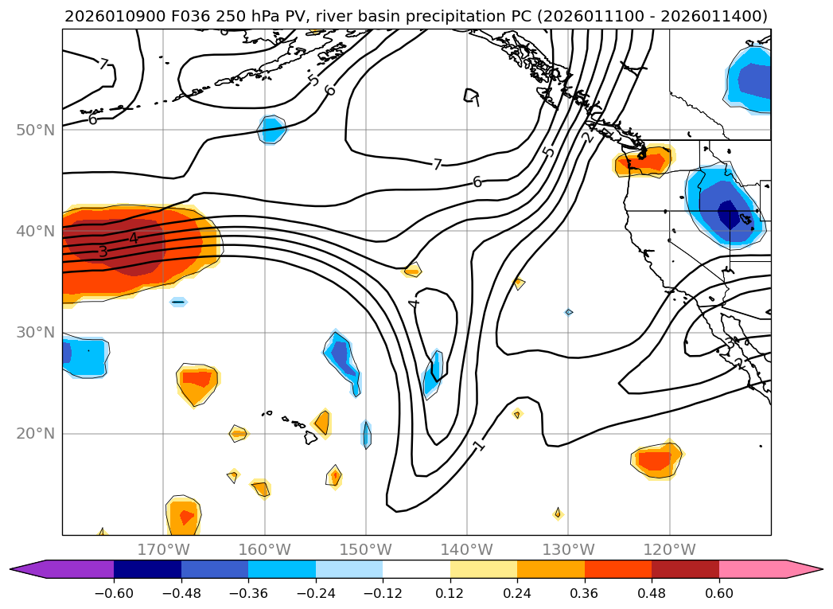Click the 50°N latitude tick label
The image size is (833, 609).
coord(35,130)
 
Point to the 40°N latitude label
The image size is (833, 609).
coord(35,231)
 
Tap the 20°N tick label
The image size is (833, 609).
coord(35,434)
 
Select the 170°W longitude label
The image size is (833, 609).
coord(163,549)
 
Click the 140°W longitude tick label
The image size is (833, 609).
coord(467,549)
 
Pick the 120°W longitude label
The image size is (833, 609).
coord(670,549)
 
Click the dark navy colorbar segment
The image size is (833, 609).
coord(147,569)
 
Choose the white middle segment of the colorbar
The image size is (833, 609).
coord(416,569)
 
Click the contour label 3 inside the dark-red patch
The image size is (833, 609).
coord(103,252)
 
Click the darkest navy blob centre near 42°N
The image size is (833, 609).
coord(729,214)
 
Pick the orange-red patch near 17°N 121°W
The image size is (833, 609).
coord(655,460)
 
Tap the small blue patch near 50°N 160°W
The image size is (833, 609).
coord(271,129)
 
